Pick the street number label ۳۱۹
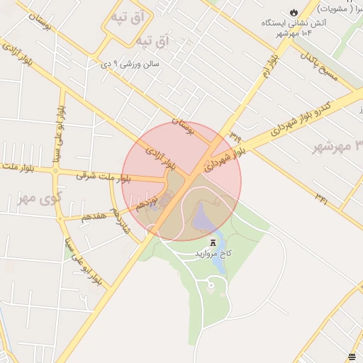pos(235,133)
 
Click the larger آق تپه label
pos(153,42)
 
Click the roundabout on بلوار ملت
pos(55,170)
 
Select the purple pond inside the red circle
pos(206,216)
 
